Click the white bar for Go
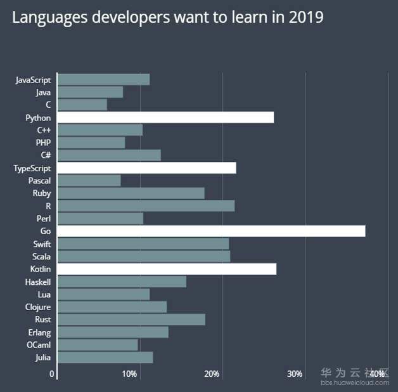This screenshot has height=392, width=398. [211, 231]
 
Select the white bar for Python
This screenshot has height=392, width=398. [165, 117]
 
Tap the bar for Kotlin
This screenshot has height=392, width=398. [167, 269]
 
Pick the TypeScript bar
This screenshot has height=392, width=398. [146, 168]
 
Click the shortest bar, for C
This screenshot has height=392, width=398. [82, 105]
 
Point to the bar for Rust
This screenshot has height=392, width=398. [131, 320]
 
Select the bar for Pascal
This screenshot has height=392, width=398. [89, 181]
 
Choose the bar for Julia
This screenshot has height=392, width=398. [105, 357]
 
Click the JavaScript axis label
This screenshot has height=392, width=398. [33, 80]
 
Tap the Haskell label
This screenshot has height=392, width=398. [38, 282]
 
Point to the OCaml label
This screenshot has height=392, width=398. [39, 345]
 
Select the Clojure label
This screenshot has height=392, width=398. [38, 307]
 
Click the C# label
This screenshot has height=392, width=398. [46, 155]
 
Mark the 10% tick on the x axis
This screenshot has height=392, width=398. [129, 374]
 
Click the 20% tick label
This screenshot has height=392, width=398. [212, 374]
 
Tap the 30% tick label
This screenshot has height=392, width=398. [295, 374]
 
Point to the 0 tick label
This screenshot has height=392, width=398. [52, 374]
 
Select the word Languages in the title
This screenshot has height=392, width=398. [50, 17]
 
